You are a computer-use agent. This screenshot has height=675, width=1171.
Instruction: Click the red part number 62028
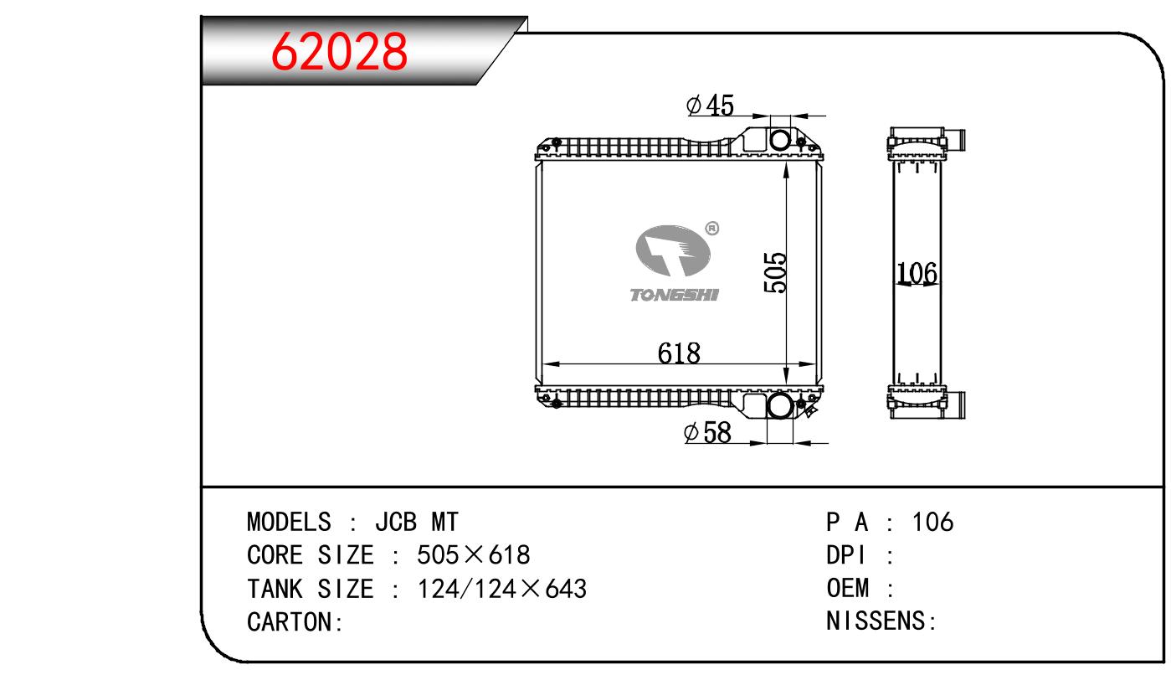tap(339, 51)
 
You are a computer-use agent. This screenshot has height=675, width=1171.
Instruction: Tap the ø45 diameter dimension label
tap(710, 105)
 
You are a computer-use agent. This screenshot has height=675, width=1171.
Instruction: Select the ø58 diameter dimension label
tap(707, 432)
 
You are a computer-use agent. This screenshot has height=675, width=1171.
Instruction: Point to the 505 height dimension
tap(775, 272)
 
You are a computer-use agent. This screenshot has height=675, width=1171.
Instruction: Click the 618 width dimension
tap(679, 353)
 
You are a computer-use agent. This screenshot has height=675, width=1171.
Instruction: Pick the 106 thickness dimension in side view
tap(917, 273)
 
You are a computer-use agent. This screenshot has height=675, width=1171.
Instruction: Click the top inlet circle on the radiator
tap(780, 140)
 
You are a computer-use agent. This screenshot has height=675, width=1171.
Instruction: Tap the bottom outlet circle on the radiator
tap(779, 405)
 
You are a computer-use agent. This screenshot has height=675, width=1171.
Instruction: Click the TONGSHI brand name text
tap(675, 295)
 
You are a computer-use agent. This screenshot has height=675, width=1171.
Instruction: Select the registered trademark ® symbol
tap(712, 229)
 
